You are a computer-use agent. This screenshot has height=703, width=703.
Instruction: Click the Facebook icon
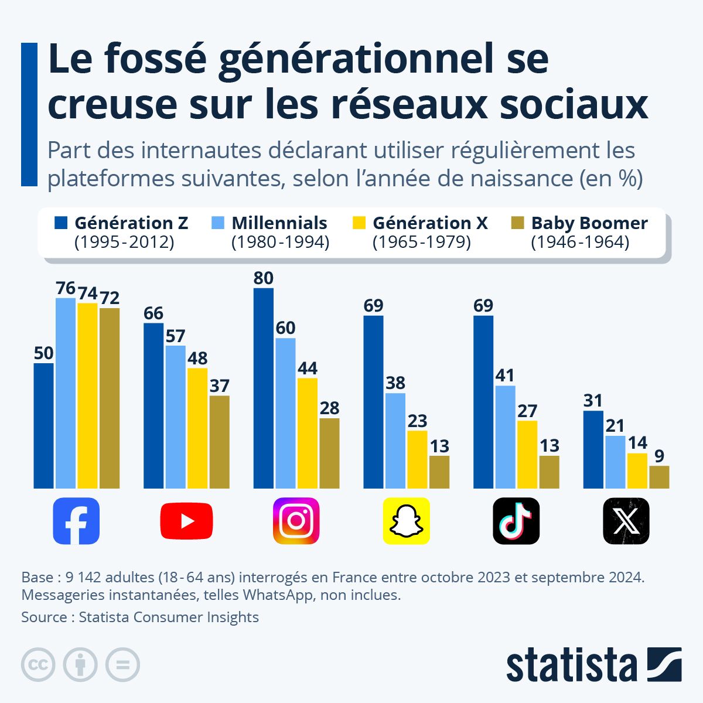(x=76, y=521)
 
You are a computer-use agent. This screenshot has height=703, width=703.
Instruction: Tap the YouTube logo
(x=186, y=521)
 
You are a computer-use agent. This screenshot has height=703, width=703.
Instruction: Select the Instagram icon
(x=296, y=521)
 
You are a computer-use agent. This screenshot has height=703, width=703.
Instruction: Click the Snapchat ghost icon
(x=406, y=521)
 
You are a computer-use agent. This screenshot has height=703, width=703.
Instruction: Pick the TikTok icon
(x=516, y=521)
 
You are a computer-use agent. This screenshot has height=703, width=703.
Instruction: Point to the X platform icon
(x=626, y=521)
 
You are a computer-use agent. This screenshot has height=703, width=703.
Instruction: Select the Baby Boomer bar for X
(x=659, y=477)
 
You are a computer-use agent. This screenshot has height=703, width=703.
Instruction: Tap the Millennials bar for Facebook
(x=66, y=393)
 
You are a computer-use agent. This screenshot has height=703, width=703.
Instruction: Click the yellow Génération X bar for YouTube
(x=197, y=428)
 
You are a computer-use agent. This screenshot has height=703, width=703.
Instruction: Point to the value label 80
(x=264, y=278)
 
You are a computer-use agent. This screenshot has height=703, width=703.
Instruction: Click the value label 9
(x=659, y=456)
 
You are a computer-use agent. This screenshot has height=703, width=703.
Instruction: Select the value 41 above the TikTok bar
(x=505, y=375)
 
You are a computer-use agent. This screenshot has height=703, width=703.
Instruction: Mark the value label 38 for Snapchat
(x=395, y=383)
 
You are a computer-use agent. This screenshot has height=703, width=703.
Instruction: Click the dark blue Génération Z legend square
(x=62, y=223)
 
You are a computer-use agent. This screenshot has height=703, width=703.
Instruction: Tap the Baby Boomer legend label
(x=589, y=223)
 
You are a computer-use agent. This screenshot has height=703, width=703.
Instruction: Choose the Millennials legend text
(x=279, y=223)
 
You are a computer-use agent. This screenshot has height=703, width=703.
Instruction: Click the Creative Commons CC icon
(x=38, y=665)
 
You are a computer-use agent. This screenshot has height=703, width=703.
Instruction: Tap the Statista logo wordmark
(x=571, y=665)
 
